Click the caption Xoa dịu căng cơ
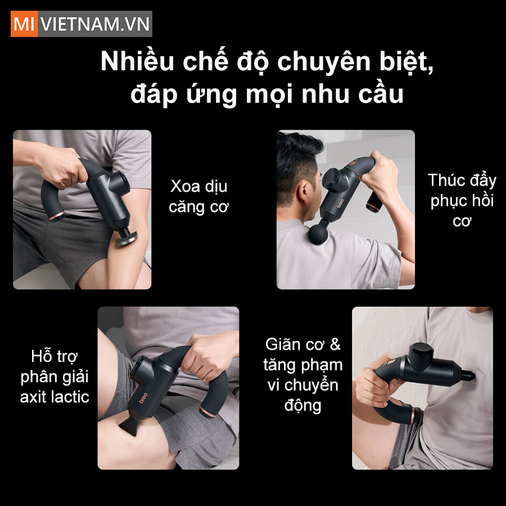point(198,196)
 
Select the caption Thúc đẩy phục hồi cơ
point(461,200)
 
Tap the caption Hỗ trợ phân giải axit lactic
point(55,376)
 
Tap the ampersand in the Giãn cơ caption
point(335,344)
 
